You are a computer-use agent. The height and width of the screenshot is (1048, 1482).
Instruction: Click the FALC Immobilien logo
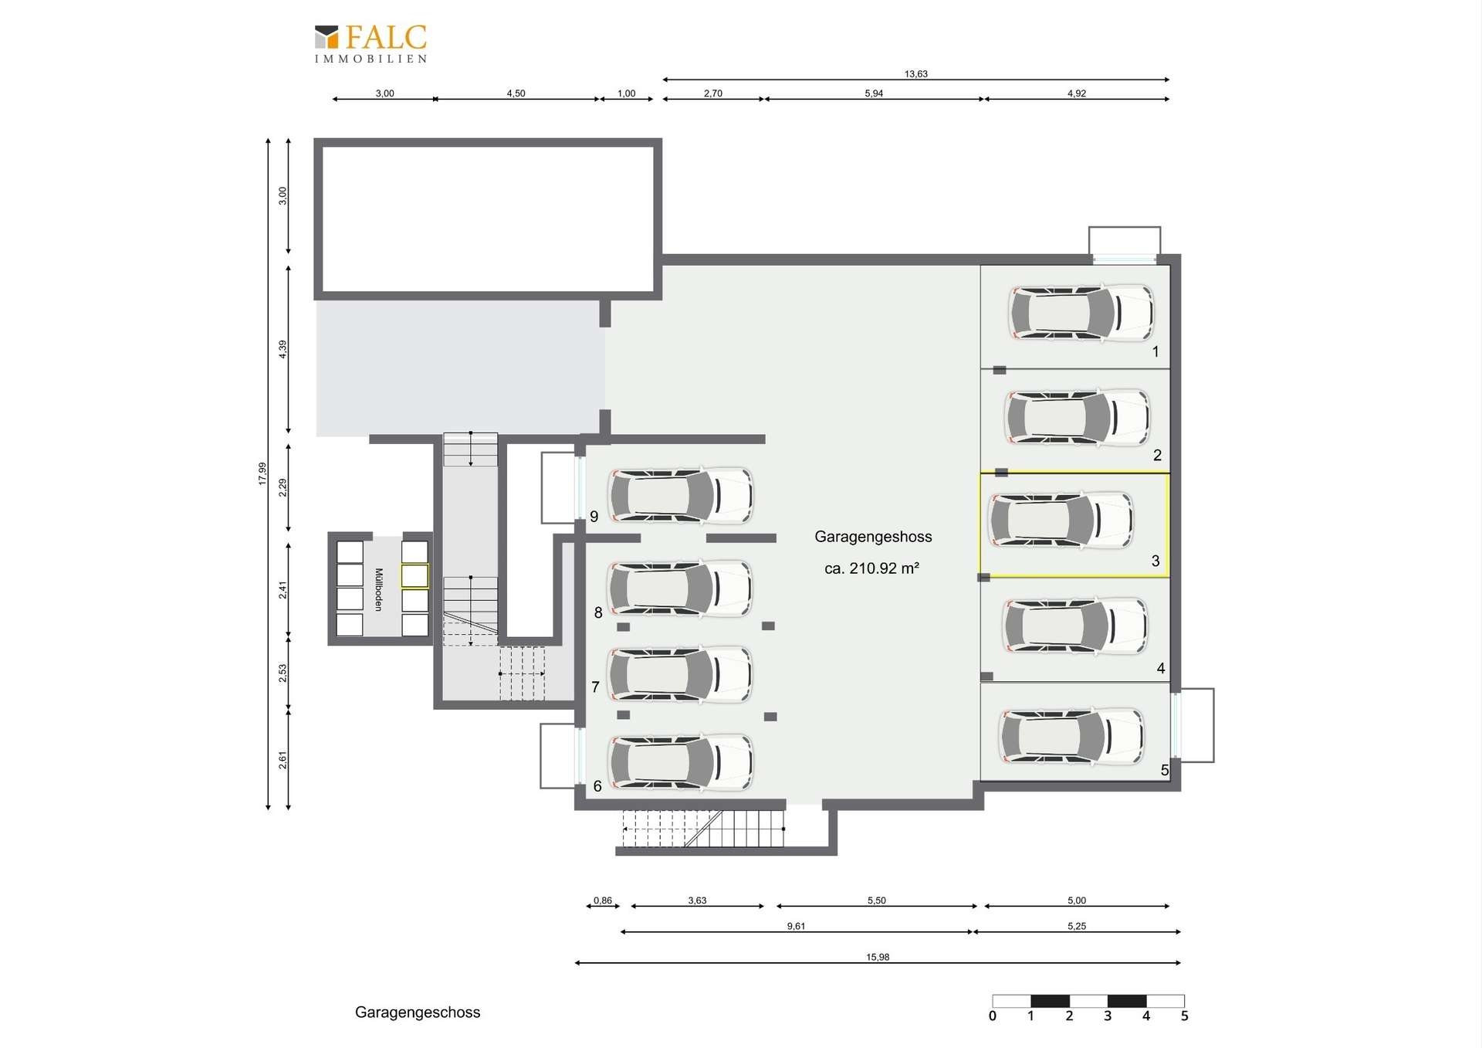click(x=370, y=44)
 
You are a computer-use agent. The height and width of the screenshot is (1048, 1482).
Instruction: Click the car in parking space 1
click(x=1081, y=313)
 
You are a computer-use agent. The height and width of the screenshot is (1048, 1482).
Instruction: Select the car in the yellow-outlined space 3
click(x=1061, y=521)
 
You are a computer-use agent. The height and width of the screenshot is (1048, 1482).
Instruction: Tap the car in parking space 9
click(x=681, y=496)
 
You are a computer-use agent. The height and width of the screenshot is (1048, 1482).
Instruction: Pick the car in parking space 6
click(x=681, y=763)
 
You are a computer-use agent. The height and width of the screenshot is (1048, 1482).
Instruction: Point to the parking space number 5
click(x=1165, y=770)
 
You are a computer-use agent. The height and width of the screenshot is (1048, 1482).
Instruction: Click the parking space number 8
click(x=598, y=613)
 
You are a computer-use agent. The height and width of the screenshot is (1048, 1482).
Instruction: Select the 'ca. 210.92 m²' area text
click(x=871, y=568)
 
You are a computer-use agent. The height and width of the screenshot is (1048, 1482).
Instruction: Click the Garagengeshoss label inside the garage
click(x=873, y=537)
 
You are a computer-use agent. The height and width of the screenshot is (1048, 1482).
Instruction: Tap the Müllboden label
click(x=378, y=590)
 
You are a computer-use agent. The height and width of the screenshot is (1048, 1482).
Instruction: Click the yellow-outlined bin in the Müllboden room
click(x=414, y=576)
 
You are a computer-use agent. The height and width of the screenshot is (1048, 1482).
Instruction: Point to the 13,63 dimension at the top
click(x=916, y=74)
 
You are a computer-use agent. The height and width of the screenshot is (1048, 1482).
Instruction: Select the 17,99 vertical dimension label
click(x=262, y=473)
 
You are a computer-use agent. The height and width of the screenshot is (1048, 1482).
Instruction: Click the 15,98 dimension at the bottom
click(x=878, y=957)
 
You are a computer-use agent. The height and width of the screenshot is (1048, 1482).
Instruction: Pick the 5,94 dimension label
click(x=874, y=93)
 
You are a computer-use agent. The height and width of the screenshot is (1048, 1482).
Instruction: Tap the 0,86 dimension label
click(x=603, y=900)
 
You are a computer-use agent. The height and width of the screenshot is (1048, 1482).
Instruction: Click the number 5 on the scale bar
click(x=1184, y=1016)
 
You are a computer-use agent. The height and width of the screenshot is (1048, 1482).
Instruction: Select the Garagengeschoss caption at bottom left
click(x=418, y=1012)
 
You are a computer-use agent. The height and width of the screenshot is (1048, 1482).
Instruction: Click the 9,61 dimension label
click(x=796, y=926)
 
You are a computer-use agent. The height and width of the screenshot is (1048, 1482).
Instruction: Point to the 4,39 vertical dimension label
click(x=283, y=349)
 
